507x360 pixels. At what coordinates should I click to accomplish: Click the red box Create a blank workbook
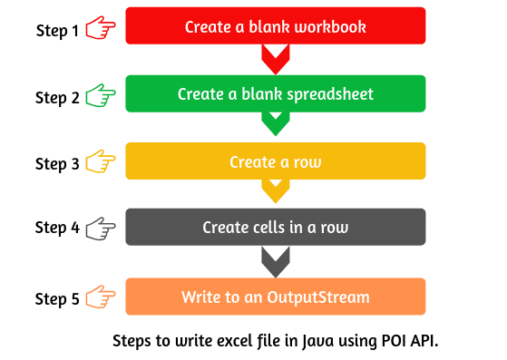tap(275, 26)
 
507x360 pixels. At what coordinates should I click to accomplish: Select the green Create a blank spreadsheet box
tap(275, 94)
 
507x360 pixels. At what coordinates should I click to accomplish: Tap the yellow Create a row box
tap(275, 161)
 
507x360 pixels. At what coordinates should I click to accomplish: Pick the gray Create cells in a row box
tap(275, 228)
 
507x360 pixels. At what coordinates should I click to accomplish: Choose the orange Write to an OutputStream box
tap(275, 297)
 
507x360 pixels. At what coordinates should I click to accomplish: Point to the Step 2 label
tap(57, 97)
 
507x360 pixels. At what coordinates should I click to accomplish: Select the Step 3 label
tap(57, 164)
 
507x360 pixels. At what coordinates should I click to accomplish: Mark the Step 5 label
tap(57, 298)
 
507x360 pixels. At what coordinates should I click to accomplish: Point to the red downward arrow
tap(275, 59)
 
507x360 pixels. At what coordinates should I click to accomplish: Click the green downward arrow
tap(275, 123)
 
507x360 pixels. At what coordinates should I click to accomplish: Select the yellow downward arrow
tap(275, 190)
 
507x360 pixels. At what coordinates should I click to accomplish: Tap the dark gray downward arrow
tap(275, 261)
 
